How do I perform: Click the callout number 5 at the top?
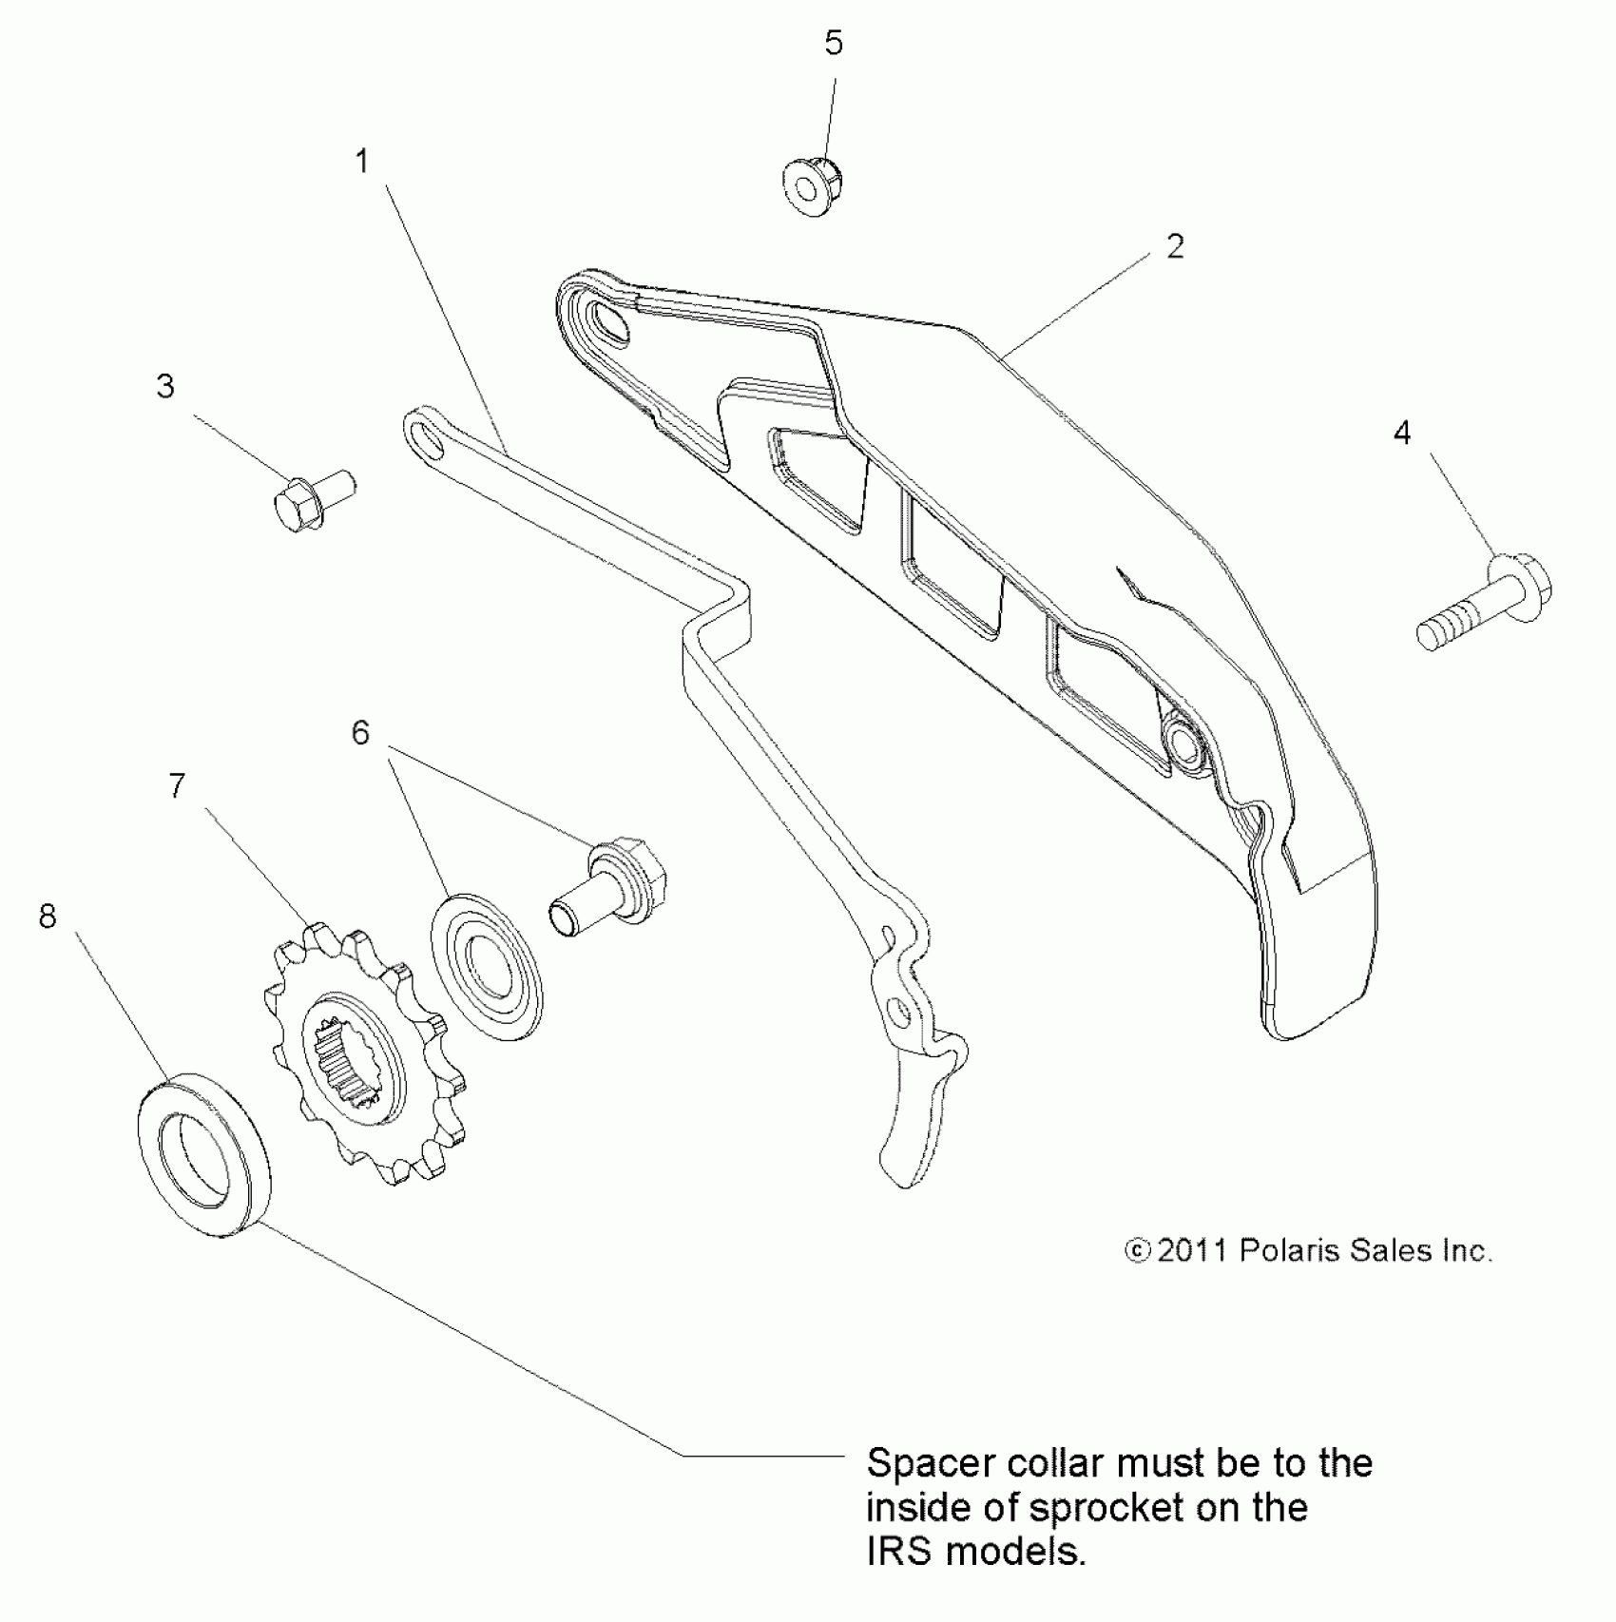pyautogui.click(x=834, y=43)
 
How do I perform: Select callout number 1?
pyautogui.click(x=362, y=162)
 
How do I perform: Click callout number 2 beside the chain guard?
pyautogui.click(x=1176, y=247)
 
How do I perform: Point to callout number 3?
pyautogui.click(x=165, y=387)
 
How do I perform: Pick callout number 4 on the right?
pyautogui.click(x=1402, y=434)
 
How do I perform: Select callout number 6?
pyautogui.click(x=360, y=733)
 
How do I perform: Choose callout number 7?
pyautogui.click(x=177, y=786)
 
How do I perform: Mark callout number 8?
pyautogui.click(x=48, y=917)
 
